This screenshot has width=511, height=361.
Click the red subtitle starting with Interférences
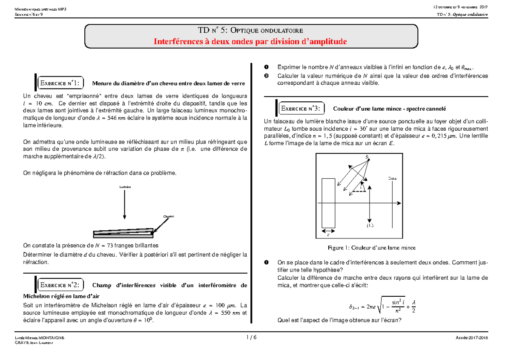pos(250,41)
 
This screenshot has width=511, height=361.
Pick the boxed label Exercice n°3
pos(302,108)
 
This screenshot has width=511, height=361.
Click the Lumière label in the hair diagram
pos(124,187)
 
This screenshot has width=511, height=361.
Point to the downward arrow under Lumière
pos(124,204)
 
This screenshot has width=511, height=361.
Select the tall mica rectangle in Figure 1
pos(328,203)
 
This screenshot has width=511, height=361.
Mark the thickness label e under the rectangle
pos(328,234)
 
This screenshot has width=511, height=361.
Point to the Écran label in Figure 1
pos(392,178)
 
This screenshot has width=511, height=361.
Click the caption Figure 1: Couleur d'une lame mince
pos(371,247)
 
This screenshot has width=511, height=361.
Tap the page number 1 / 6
pos(251,337)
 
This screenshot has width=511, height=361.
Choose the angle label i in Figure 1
pos(361,186)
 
